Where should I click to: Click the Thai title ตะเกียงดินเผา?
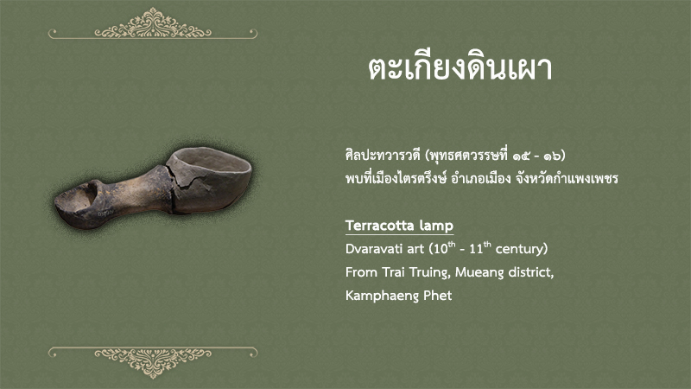click(460, 69)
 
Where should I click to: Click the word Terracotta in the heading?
click(380, 226)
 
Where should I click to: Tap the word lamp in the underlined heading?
click(436, 226)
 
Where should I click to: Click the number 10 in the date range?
click(441, 249)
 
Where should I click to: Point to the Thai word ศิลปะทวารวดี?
click(383, 156)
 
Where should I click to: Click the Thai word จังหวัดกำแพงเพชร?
click(567, 179)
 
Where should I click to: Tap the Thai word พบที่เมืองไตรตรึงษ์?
click(396, 179)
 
